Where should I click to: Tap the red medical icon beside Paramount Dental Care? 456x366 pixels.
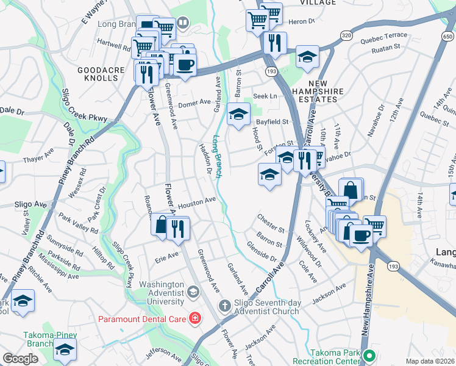194,318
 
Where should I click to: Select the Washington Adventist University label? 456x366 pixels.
162,293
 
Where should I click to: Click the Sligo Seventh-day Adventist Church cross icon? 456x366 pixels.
224,305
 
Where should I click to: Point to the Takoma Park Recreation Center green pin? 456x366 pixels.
368,356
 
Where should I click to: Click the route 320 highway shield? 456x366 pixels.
346,36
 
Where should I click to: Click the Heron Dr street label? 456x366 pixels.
302,21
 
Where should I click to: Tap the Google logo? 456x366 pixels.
20,359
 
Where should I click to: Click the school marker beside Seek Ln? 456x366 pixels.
239,113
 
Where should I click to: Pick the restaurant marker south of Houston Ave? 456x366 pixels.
178,228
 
